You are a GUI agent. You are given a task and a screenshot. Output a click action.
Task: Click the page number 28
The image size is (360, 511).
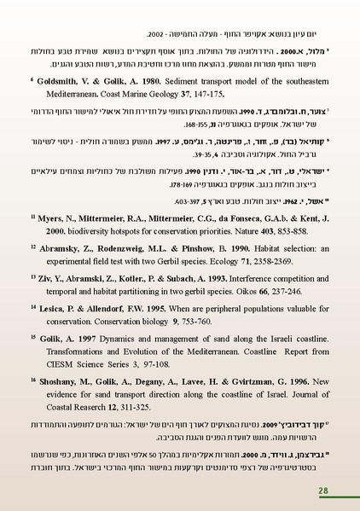click(x=323, y=491)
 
